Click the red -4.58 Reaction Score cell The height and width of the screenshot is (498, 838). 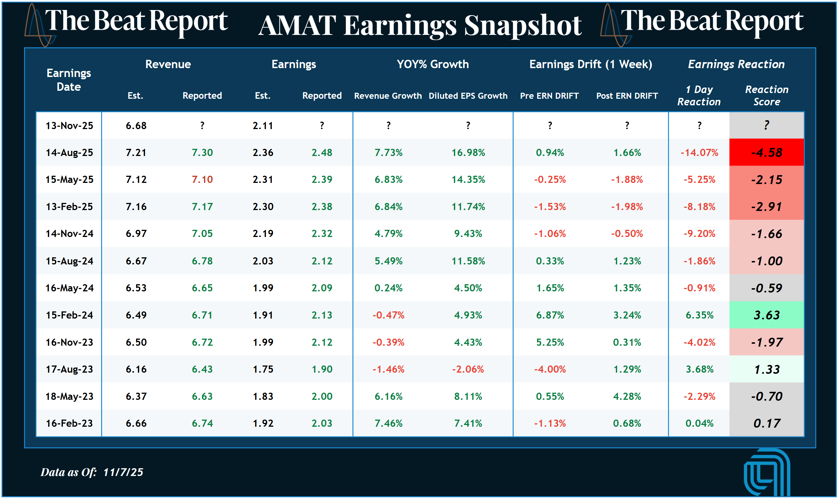coord(766,153)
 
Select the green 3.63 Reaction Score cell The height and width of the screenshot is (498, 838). coord(766,315)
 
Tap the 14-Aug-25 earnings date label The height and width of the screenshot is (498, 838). coord(69,153)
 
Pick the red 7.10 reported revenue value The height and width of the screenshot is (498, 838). coord(202,179)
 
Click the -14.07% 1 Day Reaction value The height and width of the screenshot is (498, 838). coord(699,153)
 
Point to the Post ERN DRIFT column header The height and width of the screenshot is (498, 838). coord(627,96)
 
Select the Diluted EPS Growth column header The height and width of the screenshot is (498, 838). coord(468,96)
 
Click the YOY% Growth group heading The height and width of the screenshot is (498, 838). coord(433,64)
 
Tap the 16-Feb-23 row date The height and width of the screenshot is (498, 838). coord(69,423)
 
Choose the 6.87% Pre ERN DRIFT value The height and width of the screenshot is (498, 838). coord(550,315)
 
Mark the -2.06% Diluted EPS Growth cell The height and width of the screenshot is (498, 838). coord(468,369)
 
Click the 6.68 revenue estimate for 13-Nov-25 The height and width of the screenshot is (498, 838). coord(136,126)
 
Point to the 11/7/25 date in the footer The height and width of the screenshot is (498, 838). coord(123,472)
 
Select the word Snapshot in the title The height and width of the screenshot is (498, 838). coord(523,25)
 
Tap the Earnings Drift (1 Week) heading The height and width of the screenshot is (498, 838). coord(590,64)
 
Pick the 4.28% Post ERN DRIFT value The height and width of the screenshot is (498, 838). coord(627,396)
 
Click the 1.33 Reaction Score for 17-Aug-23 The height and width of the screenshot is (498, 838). coord(766,369)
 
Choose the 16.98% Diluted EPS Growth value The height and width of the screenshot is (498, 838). coord(468,153)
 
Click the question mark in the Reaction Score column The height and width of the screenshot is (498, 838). coord(766,125)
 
